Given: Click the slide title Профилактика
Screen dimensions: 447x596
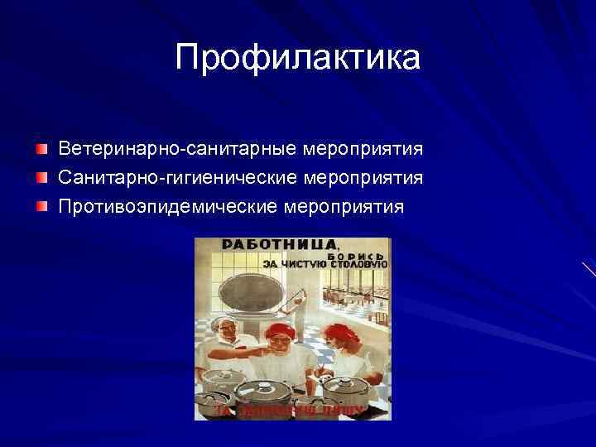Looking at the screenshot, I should [x=298, y=57].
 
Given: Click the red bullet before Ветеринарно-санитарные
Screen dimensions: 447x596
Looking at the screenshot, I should [x=41, y=149].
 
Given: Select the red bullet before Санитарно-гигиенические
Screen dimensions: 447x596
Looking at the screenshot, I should [x=41, y=177].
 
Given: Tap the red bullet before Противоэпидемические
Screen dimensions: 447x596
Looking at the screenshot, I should [x=41, y=204].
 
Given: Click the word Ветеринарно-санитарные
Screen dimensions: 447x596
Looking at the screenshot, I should [x=177, y=150].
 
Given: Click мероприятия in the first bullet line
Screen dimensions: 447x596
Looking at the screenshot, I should [x=363, y=150].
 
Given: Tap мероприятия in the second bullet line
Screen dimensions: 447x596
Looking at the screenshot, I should [x=364, y=178].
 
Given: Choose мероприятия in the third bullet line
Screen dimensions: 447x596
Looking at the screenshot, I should [x=345, y=205].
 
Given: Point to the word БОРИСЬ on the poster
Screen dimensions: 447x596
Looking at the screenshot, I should [x=358, y=256].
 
